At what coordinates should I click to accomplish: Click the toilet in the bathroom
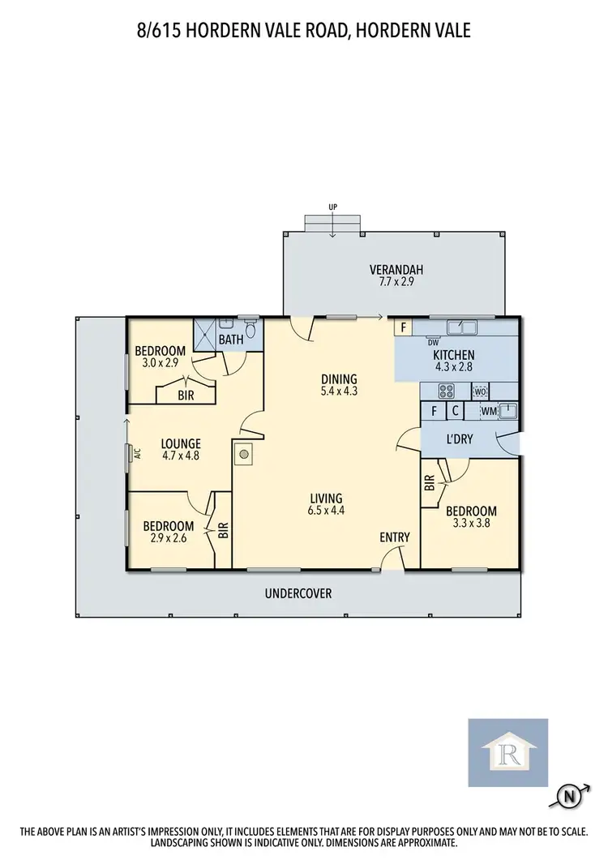[x=251, y=330]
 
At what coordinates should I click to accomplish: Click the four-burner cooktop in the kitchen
[x=445, y=391]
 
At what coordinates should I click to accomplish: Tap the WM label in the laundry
[x=488, y=412]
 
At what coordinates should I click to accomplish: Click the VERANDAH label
[x=396, y=270]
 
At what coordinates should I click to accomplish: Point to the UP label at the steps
[x=332, y=208]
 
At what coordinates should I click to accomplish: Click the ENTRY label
[x=394, y=537]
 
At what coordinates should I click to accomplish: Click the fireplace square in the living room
[x=243, y=455]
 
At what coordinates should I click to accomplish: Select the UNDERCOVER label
[x=298, y=593]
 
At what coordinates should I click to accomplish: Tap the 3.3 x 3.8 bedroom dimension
[x=471, y=524]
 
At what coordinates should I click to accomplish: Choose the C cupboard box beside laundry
[x=456, y=411]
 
